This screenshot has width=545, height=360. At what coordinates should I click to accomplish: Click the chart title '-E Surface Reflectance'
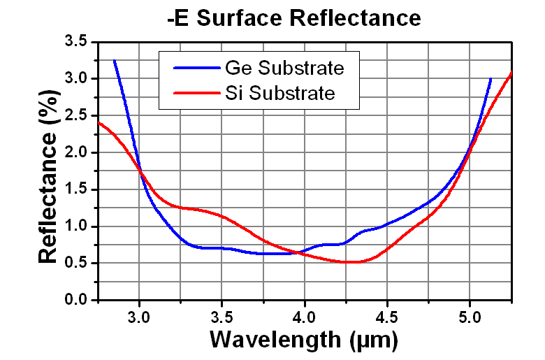pyautogui.click(x=294, y=17)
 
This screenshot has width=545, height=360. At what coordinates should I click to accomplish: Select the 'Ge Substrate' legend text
pyautogui.click(x=284, y=68)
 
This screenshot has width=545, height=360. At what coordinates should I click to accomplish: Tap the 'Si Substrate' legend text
pyautogui.click(x=280, y=92)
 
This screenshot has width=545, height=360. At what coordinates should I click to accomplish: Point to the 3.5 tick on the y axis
pyautogui.click(x=74, y=42)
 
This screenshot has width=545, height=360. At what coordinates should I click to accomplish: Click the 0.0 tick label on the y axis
pyautogui.click(x=74, y=300)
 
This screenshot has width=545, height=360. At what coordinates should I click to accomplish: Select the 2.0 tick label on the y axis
pyautogui.click(x=74, y=152)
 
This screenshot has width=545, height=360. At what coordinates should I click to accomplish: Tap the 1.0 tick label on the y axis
pyautogui.click(x=74, y=226)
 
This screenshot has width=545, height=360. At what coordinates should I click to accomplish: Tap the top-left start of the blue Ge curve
pyautogui.click(x=114, y=61)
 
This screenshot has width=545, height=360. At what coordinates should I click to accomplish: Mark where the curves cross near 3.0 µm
pyautogui.click(x=140, y=171)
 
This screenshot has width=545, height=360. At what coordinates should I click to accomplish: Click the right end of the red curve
pyautogui.click(x=512, y=72)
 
